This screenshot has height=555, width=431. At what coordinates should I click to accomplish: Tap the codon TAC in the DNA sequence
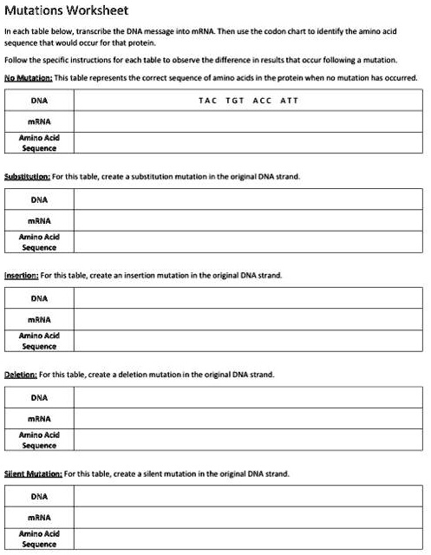coord(208,101)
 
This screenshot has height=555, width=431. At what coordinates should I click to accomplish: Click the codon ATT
coord(289,101)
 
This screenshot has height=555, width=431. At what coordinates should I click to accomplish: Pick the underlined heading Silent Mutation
coord(34,474)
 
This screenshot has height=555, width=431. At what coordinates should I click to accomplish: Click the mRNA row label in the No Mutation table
coord(39,121)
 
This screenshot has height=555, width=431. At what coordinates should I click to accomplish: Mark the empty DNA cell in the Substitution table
coord(249,199)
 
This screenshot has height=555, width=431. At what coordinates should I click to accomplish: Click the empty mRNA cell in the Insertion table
coord(249,319)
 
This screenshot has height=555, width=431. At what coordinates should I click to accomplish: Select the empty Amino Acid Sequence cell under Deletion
coord(249,440)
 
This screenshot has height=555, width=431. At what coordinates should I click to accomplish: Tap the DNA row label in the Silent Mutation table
coord(39,497)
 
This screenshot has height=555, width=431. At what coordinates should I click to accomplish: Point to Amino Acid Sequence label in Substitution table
coord(39,241)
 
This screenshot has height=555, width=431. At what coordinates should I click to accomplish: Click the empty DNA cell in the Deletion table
coord(249,398)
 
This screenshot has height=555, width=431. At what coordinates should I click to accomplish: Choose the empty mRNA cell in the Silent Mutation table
coord(249,518)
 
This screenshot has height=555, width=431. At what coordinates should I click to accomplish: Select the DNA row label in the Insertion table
coord(39,298)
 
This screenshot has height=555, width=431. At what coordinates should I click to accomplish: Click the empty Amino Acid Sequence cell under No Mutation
coord(249,141)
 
